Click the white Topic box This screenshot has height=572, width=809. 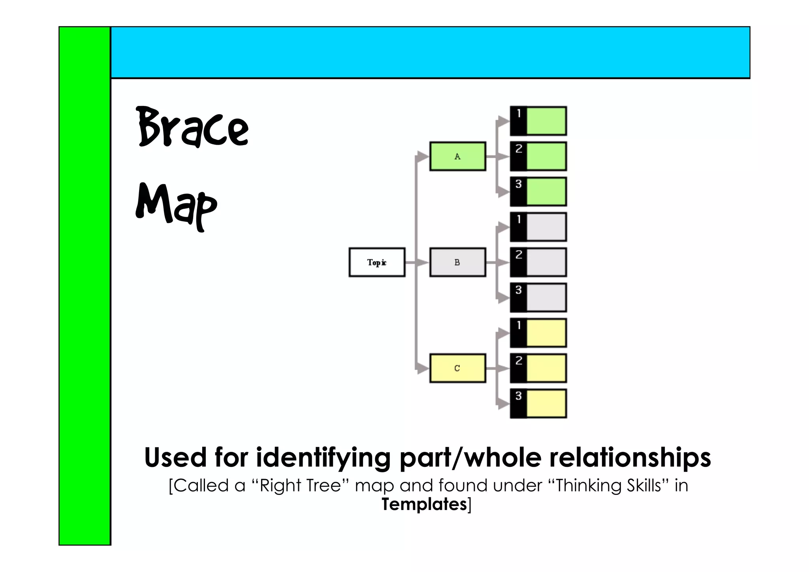[377, 262]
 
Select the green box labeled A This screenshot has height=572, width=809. [457, 157]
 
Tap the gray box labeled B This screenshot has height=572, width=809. [457, 262]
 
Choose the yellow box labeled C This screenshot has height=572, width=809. [457, 368]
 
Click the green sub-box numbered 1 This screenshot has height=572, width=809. [546, 121]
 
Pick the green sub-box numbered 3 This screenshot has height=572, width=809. [546, 192]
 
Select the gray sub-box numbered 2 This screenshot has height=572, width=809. [546, 262]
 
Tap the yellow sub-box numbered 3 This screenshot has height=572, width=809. [546, 404]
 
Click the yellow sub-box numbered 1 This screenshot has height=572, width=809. [546, 333]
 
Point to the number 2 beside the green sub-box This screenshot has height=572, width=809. [519, 149]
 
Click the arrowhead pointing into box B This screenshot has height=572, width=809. [423, 262]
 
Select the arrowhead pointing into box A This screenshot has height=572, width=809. [423, 157]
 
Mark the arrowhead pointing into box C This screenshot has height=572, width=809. [423, 368]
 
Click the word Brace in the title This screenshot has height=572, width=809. [193, 127]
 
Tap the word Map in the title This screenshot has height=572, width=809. [176, 206]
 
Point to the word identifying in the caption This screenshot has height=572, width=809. [324, 458]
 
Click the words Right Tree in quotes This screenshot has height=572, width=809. [300, 485]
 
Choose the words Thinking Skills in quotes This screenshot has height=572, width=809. [608, 485]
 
